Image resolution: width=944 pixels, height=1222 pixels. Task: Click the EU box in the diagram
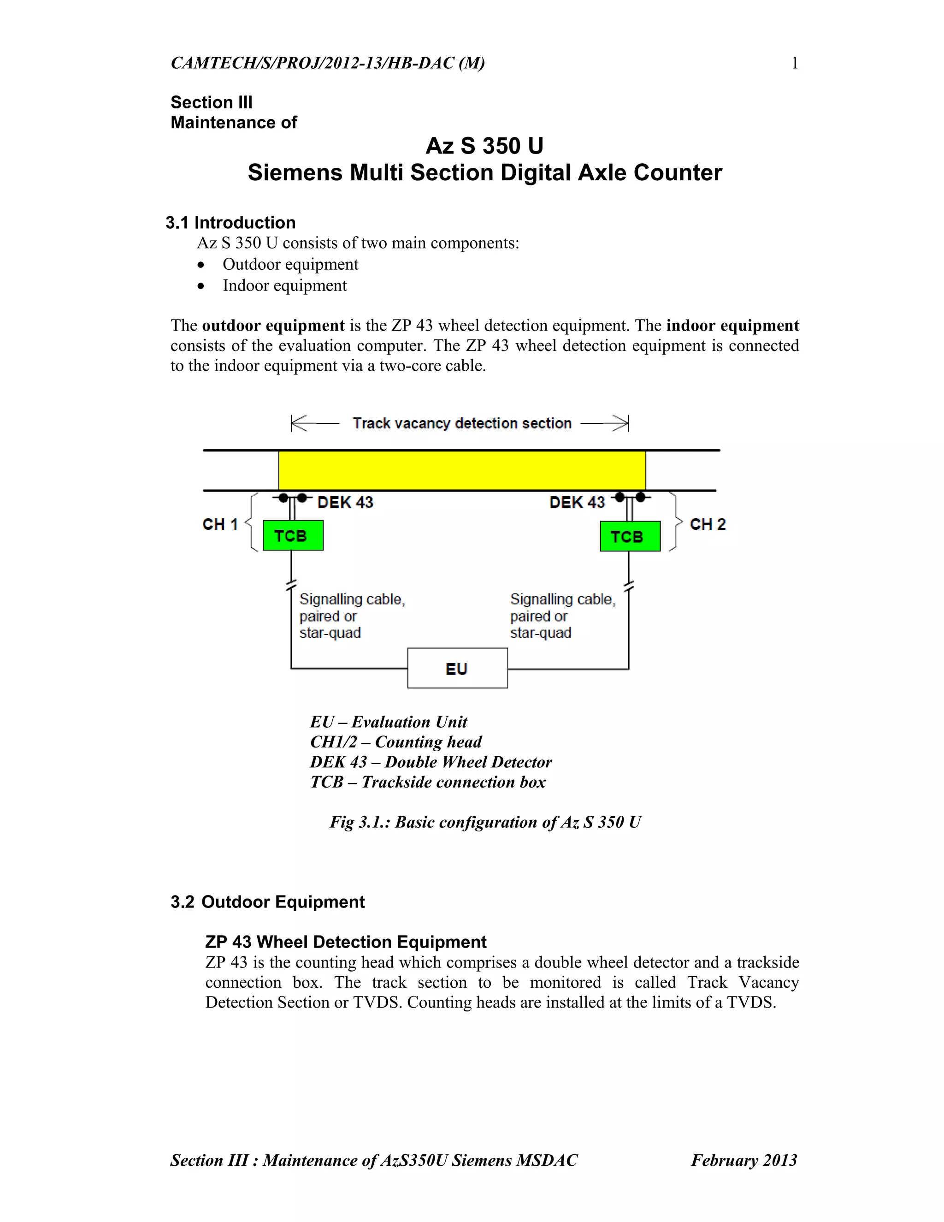click(457, 668)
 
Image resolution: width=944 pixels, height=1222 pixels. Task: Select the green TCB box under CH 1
click(293, 535)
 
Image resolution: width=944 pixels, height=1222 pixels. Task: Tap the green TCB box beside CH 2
click(630, 536)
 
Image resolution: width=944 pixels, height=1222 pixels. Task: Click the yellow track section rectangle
click(462, 470)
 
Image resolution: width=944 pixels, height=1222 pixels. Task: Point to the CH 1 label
click(220, 524)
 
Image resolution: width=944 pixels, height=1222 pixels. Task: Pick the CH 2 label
click(708, 524)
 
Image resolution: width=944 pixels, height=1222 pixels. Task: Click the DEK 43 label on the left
click(345, 503)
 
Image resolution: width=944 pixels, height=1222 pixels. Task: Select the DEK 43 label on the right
click(577, 503)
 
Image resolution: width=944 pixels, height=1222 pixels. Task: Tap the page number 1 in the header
click(795, 63)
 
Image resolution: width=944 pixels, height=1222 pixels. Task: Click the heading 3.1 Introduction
click(230, 223)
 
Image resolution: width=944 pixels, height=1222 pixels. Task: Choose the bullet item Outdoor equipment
click(290, 264)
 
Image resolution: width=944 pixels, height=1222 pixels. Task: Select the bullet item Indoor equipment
click(285, 285)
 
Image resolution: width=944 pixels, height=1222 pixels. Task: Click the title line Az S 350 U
click(484, 146)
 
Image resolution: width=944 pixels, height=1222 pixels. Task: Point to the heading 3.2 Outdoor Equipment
click(268, 902)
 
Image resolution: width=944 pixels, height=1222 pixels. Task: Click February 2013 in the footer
click(744, 1160)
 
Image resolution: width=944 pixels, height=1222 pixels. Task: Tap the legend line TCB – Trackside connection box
click(428, 782)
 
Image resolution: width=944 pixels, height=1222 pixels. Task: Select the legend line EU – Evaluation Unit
click(389, 722)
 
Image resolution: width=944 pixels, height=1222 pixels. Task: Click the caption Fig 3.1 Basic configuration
click(485, 822)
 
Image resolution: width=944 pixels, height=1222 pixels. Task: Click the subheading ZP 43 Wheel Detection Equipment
click(346, 942)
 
